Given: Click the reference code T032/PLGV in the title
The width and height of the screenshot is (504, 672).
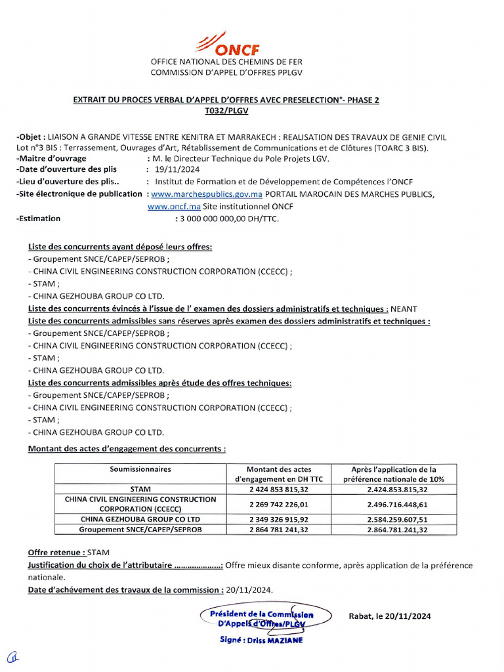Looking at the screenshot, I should pyautogui.click(x=226, y=111).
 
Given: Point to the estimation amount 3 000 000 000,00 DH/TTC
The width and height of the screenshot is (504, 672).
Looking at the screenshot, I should pyautogui.click(x=226, y=219).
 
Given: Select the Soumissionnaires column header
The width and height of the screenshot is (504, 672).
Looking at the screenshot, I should pyautogui.click(x=140, y=469).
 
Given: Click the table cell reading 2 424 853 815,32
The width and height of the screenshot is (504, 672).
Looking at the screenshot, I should pyautogui.click(x=278, y=489).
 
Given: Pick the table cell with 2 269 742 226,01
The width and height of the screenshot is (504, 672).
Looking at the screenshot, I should pyautogui.click(x=278, y=504).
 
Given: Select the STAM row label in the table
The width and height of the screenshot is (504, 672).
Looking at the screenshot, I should pyautogui.click(x=140, y=489).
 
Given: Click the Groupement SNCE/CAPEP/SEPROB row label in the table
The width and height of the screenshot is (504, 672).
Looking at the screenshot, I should pyautogui.click(x=140, y=529).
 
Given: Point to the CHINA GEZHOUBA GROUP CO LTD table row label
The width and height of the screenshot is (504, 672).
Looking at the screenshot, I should pyautogui.click(x=140, y=519).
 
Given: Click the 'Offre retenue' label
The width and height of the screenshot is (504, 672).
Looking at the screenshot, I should pyautogui.click(x=56, y=553).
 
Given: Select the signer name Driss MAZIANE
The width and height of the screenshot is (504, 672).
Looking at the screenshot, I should pyautogui.click(x=261, y=640).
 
